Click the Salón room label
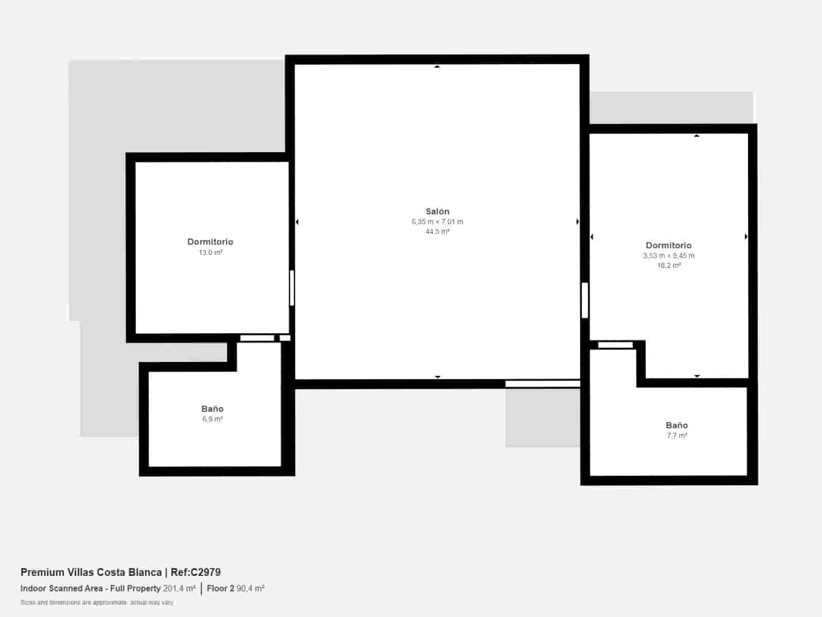[x=437, y=211]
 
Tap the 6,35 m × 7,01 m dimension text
[x=437, y=222]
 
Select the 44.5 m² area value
[x=437, y=231]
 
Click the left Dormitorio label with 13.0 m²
[x=210, y=242]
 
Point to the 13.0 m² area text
[x=211, y=252]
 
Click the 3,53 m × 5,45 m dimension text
[x=668, y=256]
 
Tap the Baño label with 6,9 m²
[x=212, y=409]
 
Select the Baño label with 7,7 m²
[x=676, y=425]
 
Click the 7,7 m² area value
[x=677, y=435]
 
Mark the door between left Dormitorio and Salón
[x=292, y=288]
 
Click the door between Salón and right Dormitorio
[x=585, y=300]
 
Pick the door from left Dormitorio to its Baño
[x=257, y=338]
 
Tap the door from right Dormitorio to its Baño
[x=615, y=345]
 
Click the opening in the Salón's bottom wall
[x=543, y=384]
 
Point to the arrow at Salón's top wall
[x=437, y=66]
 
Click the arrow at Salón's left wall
[x=297, y=222]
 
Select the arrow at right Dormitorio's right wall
[x=745, y=237]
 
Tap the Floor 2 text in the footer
[x=220, y=588]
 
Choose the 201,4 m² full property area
[x=179, y=588]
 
